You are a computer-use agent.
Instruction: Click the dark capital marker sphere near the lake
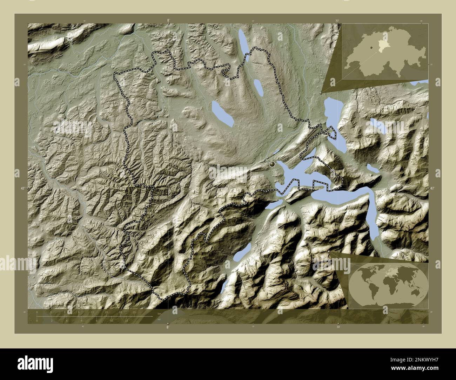pos(272,164)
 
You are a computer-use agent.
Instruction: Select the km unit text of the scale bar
pos(159,313)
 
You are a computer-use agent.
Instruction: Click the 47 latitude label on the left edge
pos(22,189)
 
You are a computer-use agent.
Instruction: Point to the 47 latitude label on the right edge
pos(432,189)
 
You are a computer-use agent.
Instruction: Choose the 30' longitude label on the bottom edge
pos(338,327)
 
